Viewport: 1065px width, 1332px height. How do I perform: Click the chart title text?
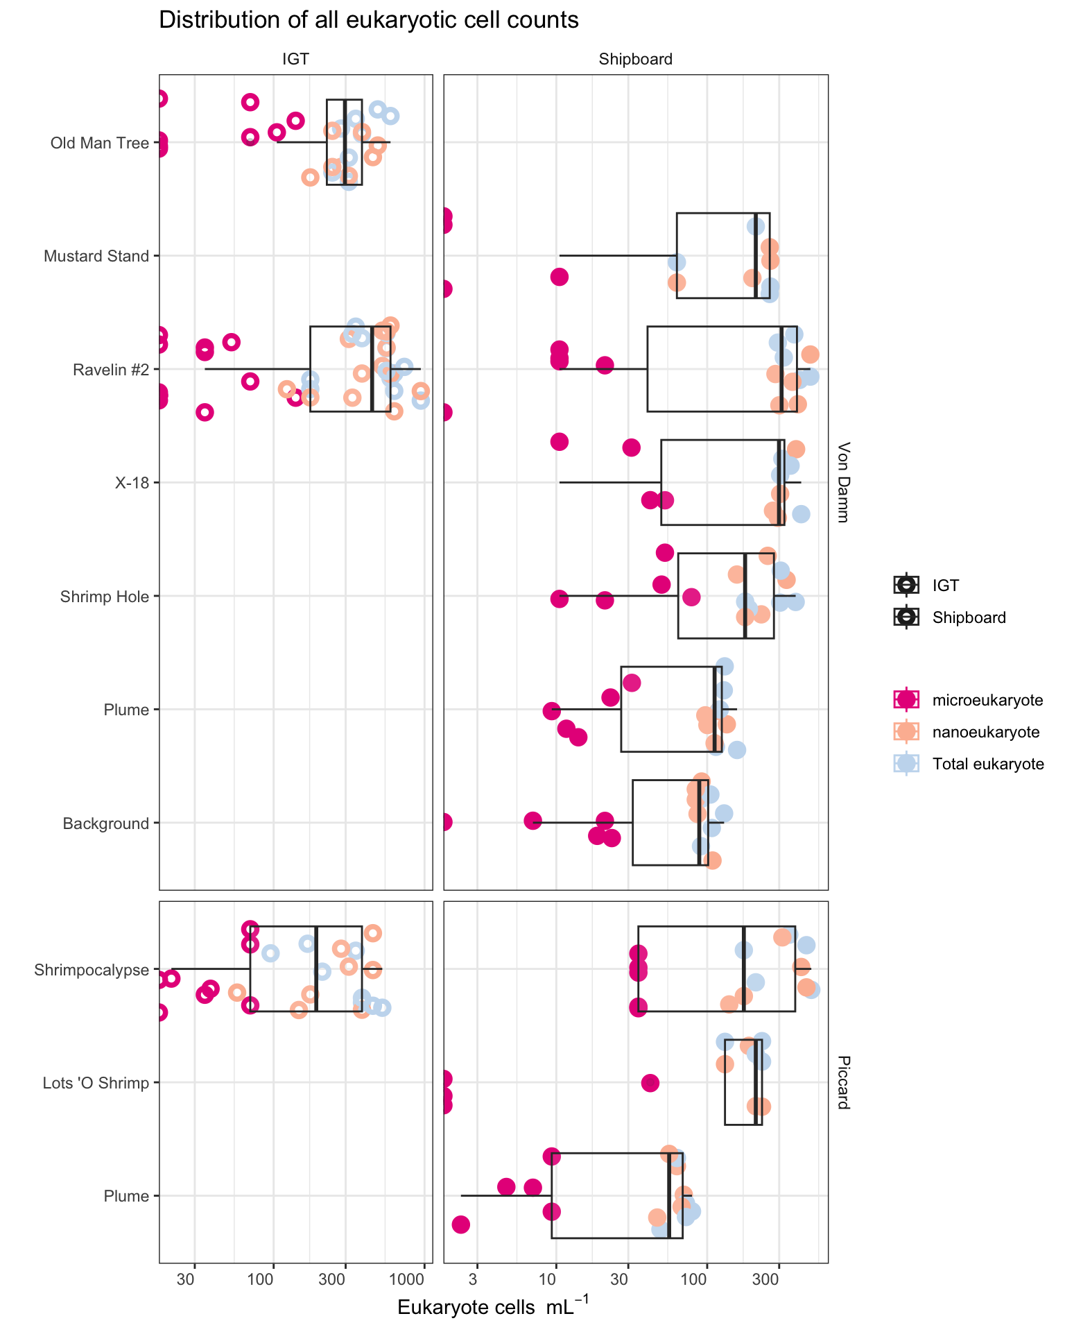[x=368, y=21]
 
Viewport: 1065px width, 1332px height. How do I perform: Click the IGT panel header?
[x=295, y=60]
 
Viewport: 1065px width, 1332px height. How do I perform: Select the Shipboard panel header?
[x=635, y=60]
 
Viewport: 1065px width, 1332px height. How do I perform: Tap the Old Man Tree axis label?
[x=100, y=143]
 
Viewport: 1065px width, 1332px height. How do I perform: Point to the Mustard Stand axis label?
[x=96, y=256]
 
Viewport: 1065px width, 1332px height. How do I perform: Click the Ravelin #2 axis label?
[x=111, y=370]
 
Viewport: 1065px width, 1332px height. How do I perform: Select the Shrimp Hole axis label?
[x=105, y=597]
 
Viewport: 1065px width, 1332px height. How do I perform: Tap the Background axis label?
[x=106, y=823]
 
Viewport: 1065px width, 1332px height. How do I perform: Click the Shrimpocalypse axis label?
[x=92, y=970]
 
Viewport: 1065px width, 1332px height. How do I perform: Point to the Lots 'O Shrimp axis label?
[x=96, y=1083]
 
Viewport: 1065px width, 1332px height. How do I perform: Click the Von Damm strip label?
[x=842, y=482]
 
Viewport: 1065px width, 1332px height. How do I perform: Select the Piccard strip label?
[x=842, y=1082]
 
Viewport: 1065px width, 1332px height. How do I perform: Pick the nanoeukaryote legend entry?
[x=967, y=732]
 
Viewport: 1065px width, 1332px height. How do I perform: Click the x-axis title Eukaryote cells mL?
[x=493, y=1306]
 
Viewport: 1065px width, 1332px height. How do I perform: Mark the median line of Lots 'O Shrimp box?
[x=755, y=1082]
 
